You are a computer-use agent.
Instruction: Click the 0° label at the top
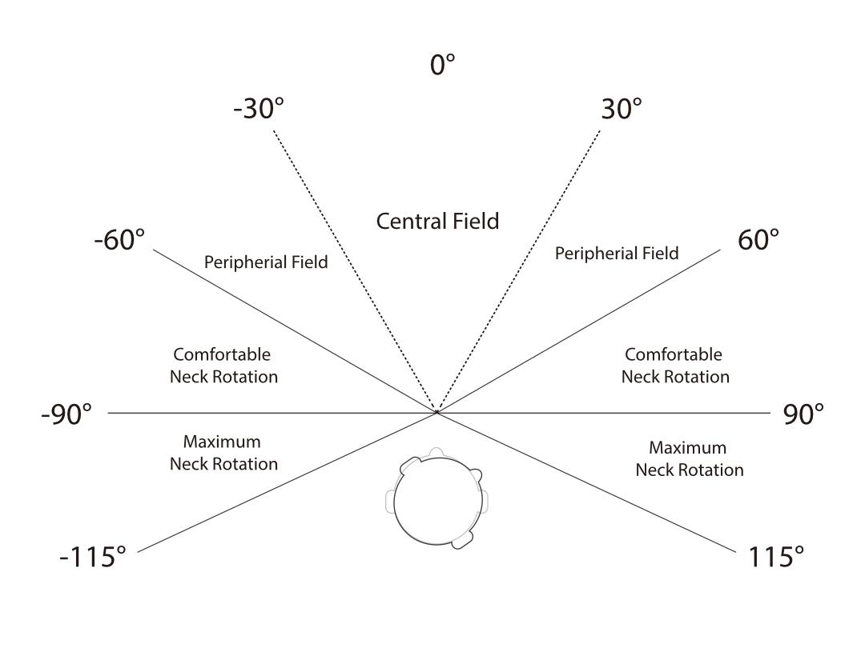click(442, 65)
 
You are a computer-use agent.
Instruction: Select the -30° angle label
click(259, 108)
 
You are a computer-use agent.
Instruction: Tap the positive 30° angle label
click(622, 109)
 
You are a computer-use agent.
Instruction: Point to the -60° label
click(119, 240)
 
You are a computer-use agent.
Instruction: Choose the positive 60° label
click(758, 240)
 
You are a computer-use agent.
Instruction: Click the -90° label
click(66, 414)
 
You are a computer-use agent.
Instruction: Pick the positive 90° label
click(804, 414)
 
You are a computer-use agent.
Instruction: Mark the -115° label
click(93, 557)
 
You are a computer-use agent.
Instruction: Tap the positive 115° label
click(775, 557)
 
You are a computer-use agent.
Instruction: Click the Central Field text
click(437, 222)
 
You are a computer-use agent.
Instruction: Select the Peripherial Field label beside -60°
click(266, 262)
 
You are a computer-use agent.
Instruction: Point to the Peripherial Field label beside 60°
click(617, 253)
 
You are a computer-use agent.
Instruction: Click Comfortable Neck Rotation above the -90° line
click(223, 366)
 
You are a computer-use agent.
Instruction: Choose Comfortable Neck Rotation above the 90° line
click(675, 366)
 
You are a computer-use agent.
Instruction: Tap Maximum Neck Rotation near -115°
click(223, 452)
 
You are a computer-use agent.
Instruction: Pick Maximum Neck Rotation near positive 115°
click(690, 458)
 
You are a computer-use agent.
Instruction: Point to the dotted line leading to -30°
click(356, 271)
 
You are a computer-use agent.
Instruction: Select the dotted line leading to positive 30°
click(518, 271)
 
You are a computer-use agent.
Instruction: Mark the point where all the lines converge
click(437, 412)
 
